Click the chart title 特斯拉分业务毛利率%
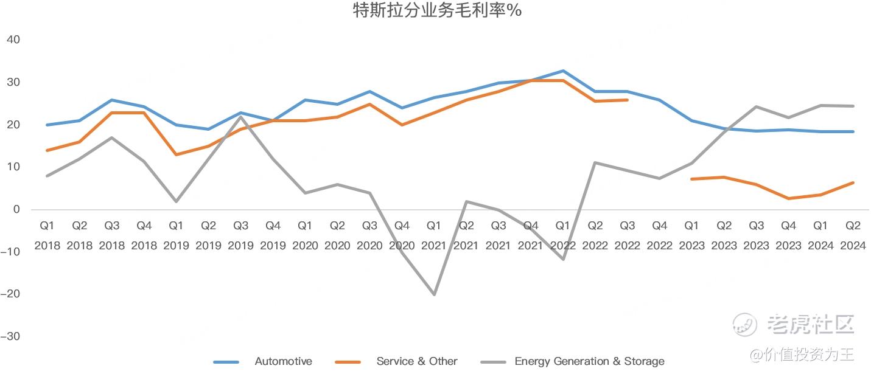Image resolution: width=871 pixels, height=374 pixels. pos(437,10)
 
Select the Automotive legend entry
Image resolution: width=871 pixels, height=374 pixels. pos(263,362)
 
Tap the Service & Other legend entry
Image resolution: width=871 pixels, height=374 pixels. pos(396,362)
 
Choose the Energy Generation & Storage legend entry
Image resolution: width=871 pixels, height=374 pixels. pos(572,362)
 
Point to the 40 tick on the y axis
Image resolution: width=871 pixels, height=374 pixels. pos(13,40)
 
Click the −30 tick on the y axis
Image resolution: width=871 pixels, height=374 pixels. pos(10,336)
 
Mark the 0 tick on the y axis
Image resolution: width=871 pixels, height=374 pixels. pos(16,209)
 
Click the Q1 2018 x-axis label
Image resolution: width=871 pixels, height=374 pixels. pos(47,235)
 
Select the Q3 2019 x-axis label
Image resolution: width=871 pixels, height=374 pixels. pos(240,235)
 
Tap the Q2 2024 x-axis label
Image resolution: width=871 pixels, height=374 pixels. pos(853,235)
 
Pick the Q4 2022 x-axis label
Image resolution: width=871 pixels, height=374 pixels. pos(659,235)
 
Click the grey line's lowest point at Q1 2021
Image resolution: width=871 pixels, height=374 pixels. pos(434,294)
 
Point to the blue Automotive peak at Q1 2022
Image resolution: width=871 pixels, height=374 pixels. pos(563,71)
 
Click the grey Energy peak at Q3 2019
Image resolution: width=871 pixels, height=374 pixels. pos(240,117)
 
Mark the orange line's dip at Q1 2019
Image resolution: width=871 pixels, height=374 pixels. pos(176,154)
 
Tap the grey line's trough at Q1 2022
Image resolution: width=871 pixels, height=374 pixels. pos(563,259)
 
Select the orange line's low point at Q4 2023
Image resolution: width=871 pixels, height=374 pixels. pos(789,198)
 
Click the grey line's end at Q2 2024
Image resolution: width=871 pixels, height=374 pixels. pos(853,106)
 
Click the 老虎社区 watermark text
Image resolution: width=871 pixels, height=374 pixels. pos(811,324)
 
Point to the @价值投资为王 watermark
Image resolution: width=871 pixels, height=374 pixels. pos(802,355)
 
